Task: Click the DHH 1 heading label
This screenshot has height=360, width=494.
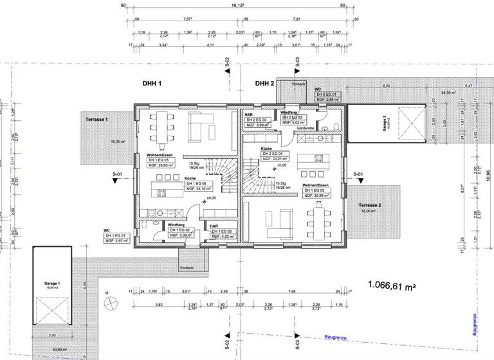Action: point(151,84)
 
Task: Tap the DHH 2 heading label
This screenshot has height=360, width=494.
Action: point(264,84)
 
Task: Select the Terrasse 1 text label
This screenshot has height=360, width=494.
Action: point(94,120)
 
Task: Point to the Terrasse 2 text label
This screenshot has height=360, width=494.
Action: point(366,205)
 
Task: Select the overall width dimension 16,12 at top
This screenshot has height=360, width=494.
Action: point(237,6)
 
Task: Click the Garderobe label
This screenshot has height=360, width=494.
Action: point(306,129)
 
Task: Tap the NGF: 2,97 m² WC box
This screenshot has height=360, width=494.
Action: point(118,241)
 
